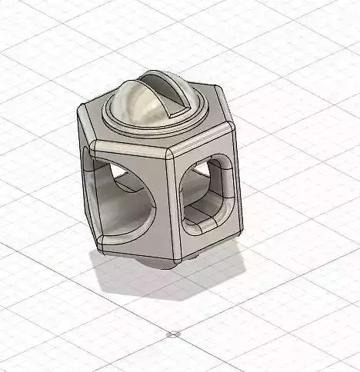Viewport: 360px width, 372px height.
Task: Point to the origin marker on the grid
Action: pyautogui.click(x=173, y=335)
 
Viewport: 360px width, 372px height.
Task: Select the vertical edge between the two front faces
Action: pyautogui.click(x=172, y=204)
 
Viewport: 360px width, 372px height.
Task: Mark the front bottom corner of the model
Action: pyautogui.click(x=175, y=258)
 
